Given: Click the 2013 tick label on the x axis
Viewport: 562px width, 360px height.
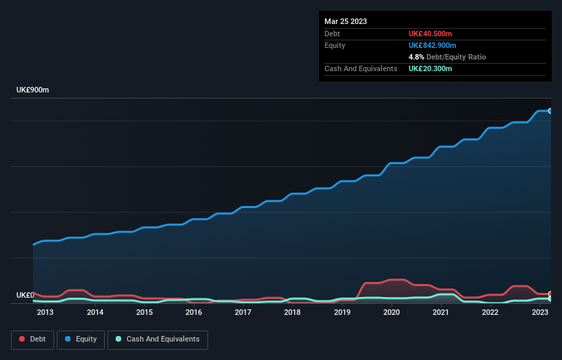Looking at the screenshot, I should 45,313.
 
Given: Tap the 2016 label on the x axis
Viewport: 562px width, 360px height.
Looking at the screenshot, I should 194,313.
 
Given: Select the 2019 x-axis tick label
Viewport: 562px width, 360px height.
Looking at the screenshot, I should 342,313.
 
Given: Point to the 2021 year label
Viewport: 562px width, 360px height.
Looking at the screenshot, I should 441,313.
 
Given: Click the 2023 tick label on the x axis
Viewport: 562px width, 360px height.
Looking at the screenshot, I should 540,313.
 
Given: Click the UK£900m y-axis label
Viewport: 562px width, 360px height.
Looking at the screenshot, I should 33,90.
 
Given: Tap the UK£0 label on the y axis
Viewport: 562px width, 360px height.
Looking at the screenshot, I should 25,295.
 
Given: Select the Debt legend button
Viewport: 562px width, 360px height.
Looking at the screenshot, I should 32,339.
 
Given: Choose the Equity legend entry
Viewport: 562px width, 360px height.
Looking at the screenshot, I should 80,339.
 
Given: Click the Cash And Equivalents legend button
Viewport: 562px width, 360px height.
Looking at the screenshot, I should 157,339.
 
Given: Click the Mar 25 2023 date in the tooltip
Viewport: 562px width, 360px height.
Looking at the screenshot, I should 346,21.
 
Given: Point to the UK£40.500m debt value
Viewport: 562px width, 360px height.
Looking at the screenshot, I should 430,34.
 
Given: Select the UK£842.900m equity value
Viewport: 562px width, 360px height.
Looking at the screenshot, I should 432,45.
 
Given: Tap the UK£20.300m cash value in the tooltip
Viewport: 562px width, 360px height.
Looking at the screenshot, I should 430,68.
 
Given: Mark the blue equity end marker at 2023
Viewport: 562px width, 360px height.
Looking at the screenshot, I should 550,111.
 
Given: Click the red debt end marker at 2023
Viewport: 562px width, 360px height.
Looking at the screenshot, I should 550,294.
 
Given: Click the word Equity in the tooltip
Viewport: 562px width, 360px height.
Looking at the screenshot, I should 335,45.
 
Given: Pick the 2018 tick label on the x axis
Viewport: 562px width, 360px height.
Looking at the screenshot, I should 292,313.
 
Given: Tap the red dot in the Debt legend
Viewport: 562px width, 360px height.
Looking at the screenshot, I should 22,339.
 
